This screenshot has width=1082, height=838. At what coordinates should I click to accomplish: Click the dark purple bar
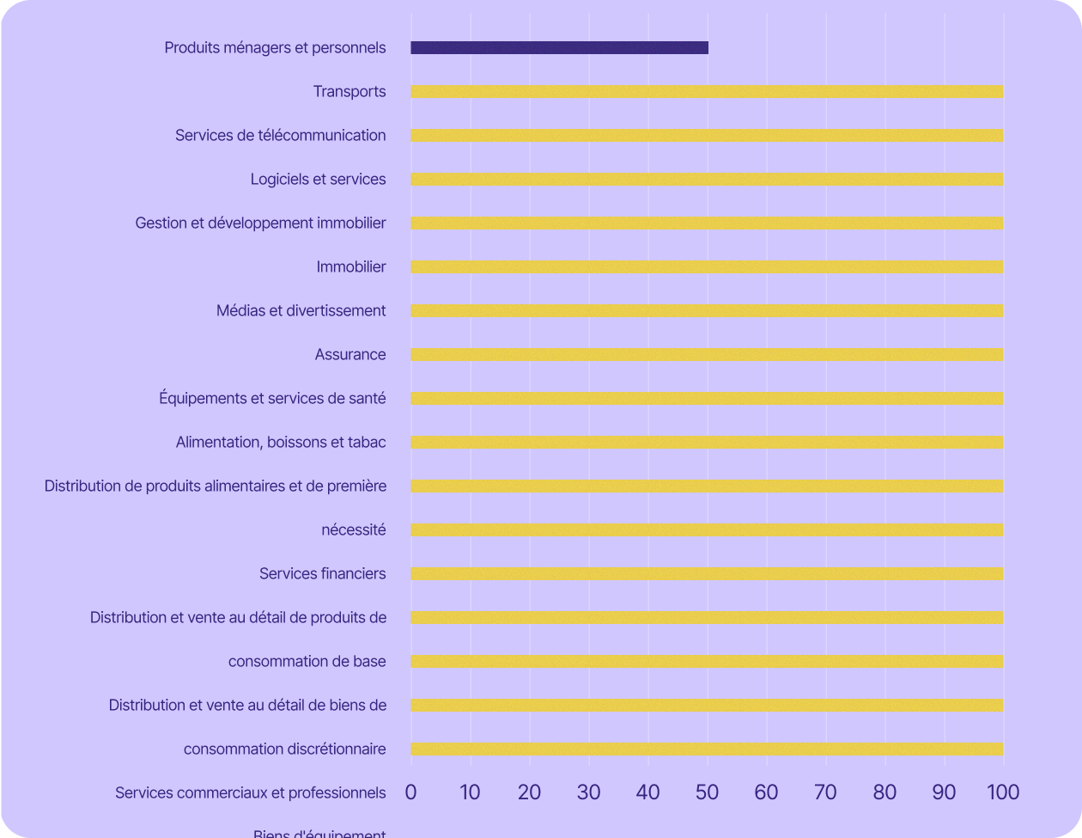click(x=559, y=48)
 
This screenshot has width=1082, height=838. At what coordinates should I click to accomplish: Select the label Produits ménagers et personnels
click(x=275, y=48)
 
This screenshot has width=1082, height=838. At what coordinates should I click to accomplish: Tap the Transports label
click(x=350, y=92)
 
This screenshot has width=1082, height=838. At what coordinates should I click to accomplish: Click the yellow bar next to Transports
click(x=707, y=92)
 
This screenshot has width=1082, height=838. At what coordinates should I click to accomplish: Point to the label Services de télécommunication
click(x=280, y=136)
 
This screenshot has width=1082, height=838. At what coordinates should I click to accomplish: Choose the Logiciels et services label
click(x=318, y=180)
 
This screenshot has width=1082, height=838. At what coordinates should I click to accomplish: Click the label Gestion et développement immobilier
click(x=260, y=223)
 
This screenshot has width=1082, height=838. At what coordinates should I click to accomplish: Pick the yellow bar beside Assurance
click(x=707, y=355)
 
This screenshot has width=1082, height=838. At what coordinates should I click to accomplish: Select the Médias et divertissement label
click(x=301, y=311)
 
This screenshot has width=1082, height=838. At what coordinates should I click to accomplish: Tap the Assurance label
click(x=350, y=355)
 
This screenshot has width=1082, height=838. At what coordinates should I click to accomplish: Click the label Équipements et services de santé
click(x=272, y=399)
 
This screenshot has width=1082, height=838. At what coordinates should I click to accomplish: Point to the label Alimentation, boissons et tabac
click(x=281, y=443)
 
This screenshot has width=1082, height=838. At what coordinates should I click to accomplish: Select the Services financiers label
click(x=322, y=574)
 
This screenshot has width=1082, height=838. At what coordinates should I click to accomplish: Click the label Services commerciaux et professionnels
click(x=250, y=792)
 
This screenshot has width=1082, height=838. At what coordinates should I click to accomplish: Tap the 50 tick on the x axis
click(x=707, y=792)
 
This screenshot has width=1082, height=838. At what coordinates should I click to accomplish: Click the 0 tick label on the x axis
click(x=410, y=792)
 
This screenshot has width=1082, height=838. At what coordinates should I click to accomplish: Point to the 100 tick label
click(x=1003, y=792)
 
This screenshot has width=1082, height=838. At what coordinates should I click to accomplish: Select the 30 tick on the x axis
click(x=588, y=792)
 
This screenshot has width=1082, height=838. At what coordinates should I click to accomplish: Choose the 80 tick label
click(x=884, y=792)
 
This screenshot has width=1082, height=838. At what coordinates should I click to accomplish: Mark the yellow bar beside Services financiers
click(x=707, y=574)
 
